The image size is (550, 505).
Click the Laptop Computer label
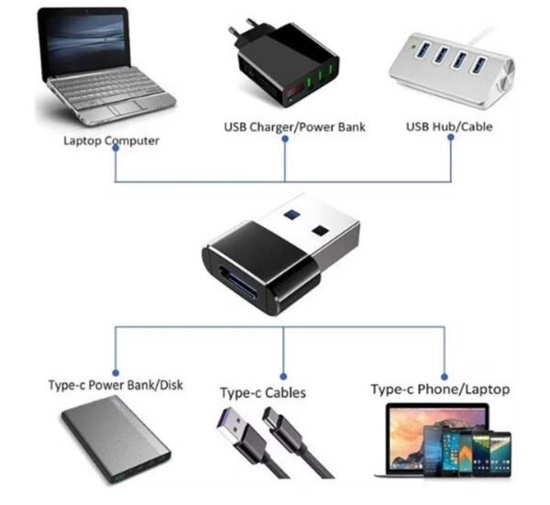(x=111, y=140)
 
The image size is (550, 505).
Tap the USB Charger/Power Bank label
(x=294, y=126)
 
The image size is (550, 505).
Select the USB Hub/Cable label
(x=448, y=126)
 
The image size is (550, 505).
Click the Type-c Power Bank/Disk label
(x=115, y=385)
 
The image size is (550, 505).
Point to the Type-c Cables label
(x=262, y=392)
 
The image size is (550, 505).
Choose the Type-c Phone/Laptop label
(x=440, y=389)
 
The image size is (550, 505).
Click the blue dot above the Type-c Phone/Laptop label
(x=445, y=372)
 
